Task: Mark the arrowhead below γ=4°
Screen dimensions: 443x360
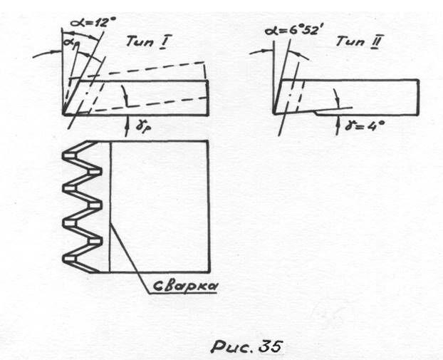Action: coord(337,114)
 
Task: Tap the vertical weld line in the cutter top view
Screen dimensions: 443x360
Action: coord(110,207)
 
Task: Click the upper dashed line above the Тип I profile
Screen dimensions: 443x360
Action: coord(142,71)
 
